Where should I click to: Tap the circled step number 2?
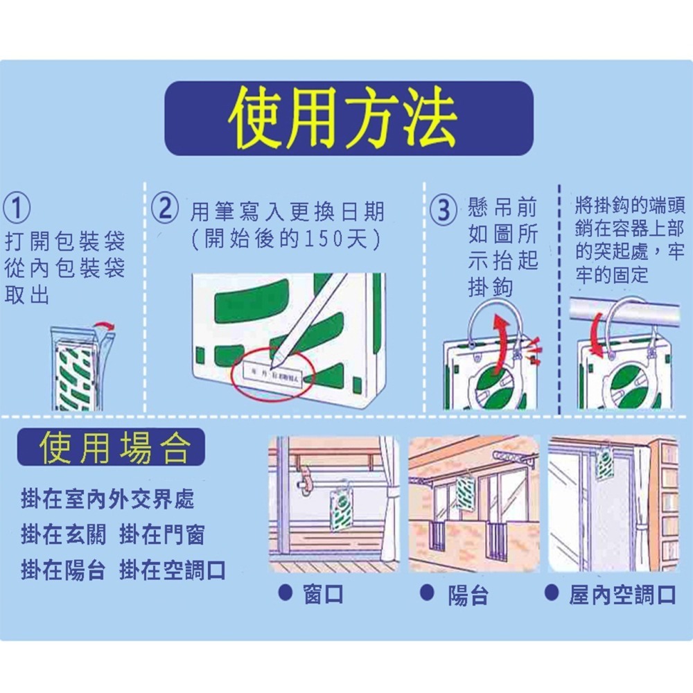[166, 209]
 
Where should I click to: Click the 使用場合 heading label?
[111, 448]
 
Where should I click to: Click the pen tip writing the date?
[277, 362]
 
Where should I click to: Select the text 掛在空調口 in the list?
[173, 570]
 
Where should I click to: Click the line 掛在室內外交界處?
[107, 498]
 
